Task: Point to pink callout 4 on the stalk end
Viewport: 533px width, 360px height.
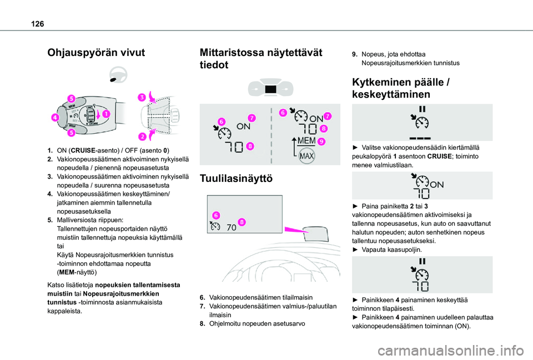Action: tap(57, 118)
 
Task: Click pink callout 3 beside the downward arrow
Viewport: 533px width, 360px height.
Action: tap(142, 98)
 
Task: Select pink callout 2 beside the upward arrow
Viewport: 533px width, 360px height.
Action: tap(142, 136)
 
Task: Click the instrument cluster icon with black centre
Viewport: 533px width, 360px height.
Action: tap(270, 89)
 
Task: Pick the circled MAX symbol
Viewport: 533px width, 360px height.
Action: tap(305, 156)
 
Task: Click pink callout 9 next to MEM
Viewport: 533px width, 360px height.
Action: tap(322, 141)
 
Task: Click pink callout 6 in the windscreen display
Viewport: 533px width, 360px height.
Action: tap(215, 214)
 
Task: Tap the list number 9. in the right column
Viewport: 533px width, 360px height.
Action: tap(355, 54)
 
